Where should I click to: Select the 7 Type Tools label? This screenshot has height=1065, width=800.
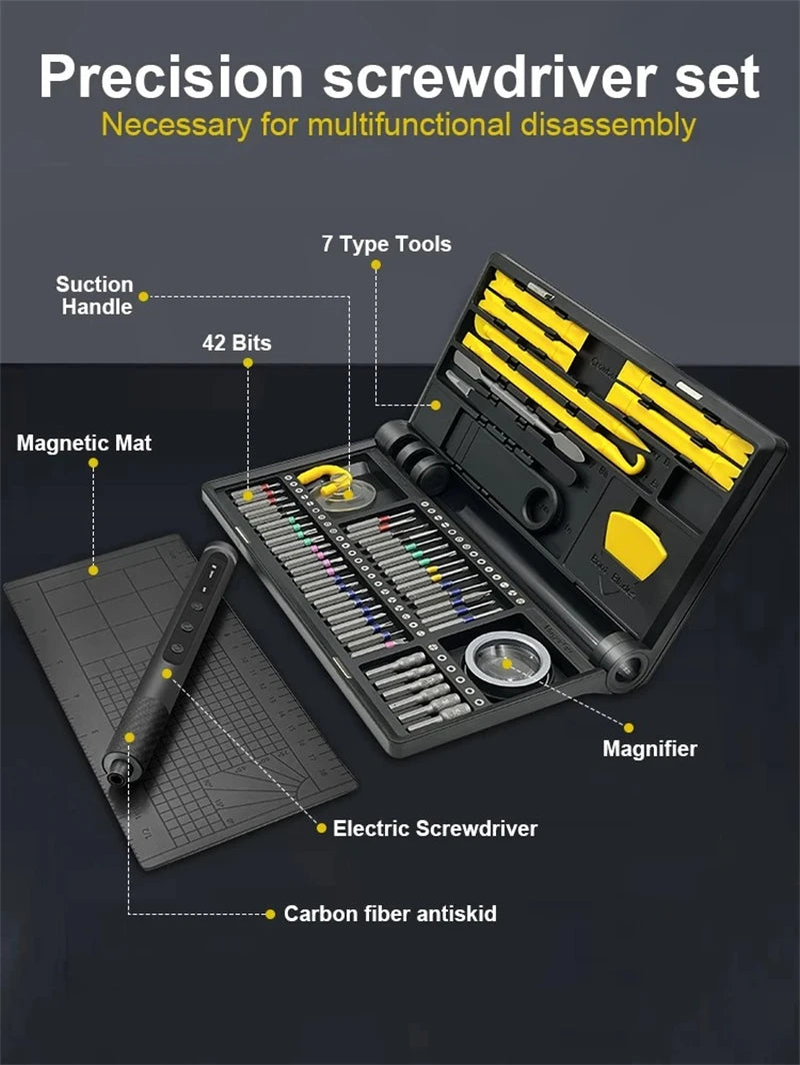pos(386,244)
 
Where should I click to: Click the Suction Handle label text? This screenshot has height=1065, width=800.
pos(94,296)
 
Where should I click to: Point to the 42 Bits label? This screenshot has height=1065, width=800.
pos(236,343)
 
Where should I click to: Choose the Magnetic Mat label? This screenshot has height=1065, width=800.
pos(84,443)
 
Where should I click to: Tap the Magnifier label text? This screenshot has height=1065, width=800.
pos(649,748)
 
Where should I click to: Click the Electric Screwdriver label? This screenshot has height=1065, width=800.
pos(435,828)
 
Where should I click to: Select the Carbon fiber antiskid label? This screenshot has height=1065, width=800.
pos(390,913)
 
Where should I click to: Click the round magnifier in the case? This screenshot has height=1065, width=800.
pos(508,658)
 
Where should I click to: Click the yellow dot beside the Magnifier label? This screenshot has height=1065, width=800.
pos(630,727)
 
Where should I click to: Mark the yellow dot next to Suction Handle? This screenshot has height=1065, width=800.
pos(144,297)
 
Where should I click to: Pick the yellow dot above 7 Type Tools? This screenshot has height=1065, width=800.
pos(376,265)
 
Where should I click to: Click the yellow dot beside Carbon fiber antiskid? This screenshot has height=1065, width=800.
pos(270,913)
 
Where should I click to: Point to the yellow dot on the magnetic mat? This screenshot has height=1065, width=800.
pos(94,570)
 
